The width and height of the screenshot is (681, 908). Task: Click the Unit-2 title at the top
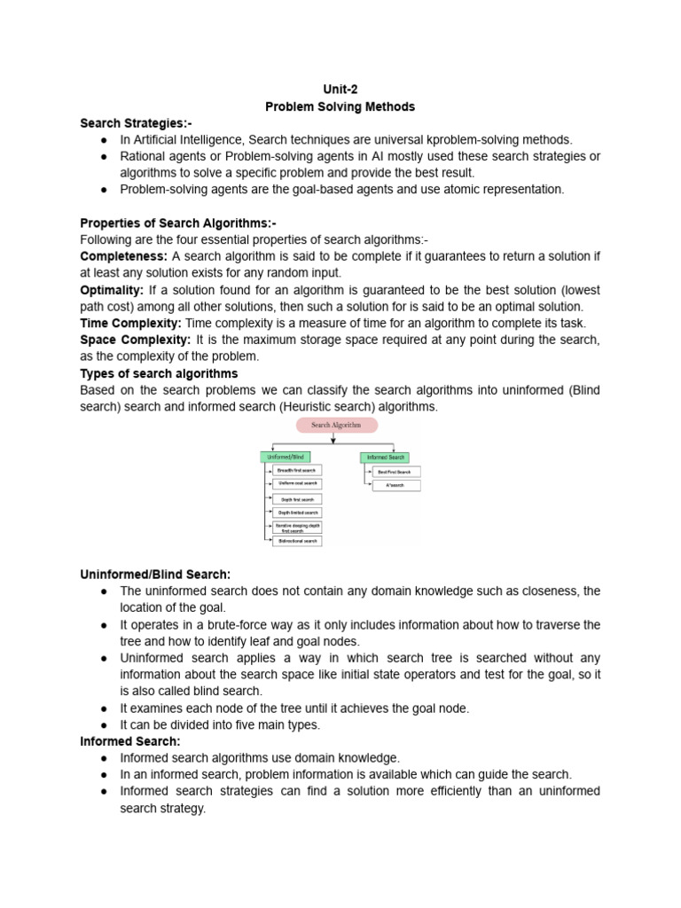tap(340, 90)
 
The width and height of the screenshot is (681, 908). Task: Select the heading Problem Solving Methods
tap(340, 106)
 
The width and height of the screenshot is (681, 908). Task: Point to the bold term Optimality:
tap(112, 290)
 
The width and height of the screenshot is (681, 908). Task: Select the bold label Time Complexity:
tap(131, 324)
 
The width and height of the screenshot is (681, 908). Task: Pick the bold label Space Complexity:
tap(135, 340)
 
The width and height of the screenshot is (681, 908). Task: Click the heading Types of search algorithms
tap(159, 373)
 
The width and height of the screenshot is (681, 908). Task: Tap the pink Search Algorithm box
tap(336, 426)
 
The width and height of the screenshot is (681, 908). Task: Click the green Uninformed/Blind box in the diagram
tap(284, 458)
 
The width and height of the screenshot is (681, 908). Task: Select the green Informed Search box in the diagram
tap(385, 458)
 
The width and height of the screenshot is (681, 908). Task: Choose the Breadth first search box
tap(296, 470)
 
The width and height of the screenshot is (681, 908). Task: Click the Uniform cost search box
tap(296, 484)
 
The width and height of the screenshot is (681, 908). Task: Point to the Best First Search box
tap(396, 472)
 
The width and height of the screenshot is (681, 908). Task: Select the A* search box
tap(396, 486)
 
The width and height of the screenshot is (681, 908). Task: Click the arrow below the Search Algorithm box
tap(333, 439)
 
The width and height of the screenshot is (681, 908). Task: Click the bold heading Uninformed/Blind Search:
tap(155, 575)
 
